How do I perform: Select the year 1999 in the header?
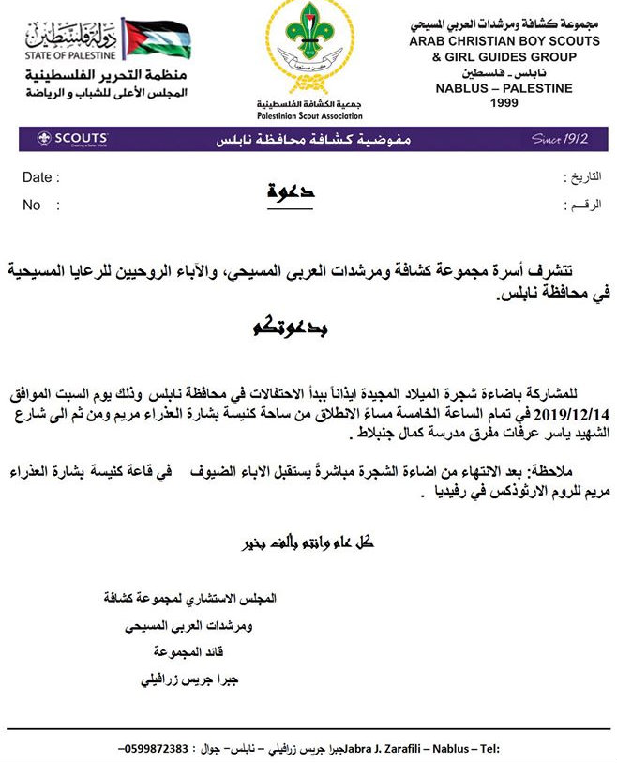[504, 103]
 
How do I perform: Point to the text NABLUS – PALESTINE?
[504, 89]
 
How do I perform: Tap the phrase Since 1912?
[560, 139]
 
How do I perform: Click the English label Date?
[39, 177]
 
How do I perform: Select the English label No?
[32, 205]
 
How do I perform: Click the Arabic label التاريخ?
[578, 177]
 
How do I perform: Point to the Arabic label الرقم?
[579, 205]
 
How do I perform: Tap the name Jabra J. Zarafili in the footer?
[382, 749]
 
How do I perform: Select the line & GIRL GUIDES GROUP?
[504, 57]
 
